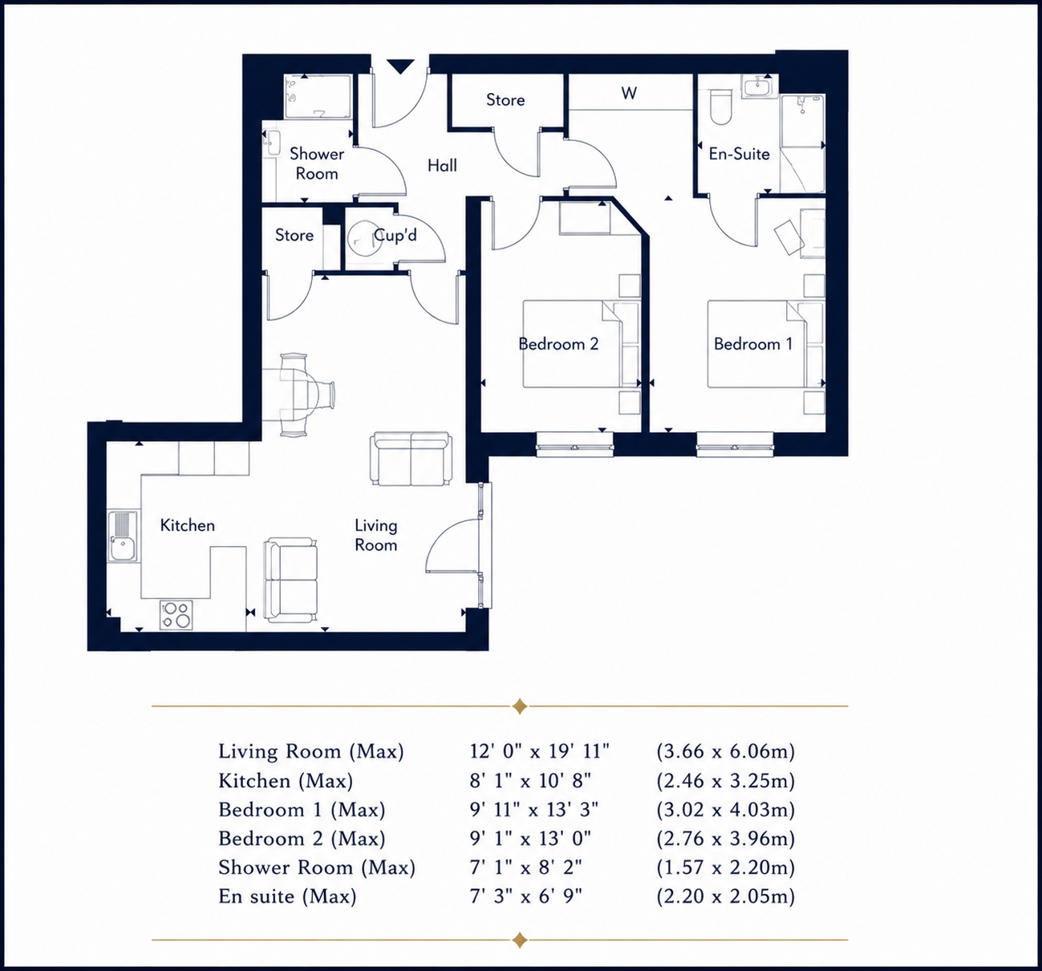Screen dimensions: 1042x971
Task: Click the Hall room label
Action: pyautogui.click(x=442, y=166)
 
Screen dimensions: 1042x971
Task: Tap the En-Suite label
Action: pyautogui.click(x=739, y=154)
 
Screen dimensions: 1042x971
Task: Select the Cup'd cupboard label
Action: pyautogui.click(x=395, y=235)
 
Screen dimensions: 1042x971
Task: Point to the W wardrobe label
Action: pyautogui.click(x=629, y=93)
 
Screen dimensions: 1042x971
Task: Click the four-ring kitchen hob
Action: pyautogui.click(x=176, y=615)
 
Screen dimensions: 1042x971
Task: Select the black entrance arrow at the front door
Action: pyautogui.click(x=400, y=67)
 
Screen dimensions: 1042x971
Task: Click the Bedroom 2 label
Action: pyautogui.click(x=558, y=344)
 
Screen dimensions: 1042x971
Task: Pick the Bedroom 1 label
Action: pyautogui.click(x=753, y=344)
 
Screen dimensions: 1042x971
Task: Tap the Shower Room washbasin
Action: pyautogui.click(x=273, y=143)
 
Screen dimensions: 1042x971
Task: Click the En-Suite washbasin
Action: pyautogui.click(x=759, y=86)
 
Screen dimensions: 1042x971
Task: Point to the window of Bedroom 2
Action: pyautogui.click(x=575, y=443)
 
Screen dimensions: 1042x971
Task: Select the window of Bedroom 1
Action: pyautogui.click(x=735, y=443)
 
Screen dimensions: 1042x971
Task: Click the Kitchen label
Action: pyautogui.click(x=188, y=525)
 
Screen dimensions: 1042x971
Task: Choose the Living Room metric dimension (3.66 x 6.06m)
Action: pyautogui.click(x=726, y=751)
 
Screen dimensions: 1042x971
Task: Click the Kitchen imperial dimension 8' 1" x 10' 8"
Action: pyautogui.click(x=530, y=781)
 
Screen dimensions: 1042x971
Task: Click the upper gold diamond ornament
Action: pyautogui.click(x=520, y=706)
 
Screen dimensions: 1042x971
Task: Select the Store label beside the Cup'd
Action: pyautogui.click(x=294, y=235)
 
